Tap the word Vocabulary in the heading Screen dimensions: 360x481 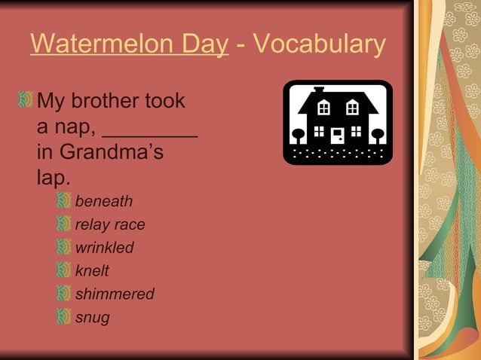pyautogui.click(x=320, y=45)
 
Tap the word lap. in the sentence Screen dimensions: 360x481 pyautogui.click(x=54, y=178)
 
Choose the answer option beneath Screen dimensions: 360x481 pyautogui.click(x=103, y=201)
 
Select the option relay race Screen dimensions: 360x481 pyautogui.click(x=110, y=224)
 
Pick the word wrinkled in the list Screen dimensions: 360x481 pyautogui.click(x=104, y=248)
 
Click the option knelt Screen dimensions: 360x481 pyautogui.click(x=92, y=271)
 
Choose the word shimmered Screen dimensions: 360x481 pyautogui.click(x=115, y=294)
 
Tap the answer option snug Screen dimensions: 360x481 pyautogui.click(x=92, y=318)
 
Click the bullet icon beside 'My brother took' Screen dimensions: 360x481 pyautogui.click(x=27, y=99)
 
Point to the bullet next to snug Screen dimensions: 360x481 pyautogui.click(x=65, y=317)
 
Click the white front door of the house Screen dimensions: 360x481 pyautogui.click(x=338, y=136)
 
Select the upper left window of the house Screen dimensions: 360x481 pyautogui.click(x=323, y=108)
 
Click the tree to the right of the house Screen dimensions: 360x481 pyautogui.click(x=378, y=136)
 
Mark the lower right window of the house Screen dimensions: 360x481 pyautogui.click(x=356, y=132)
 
